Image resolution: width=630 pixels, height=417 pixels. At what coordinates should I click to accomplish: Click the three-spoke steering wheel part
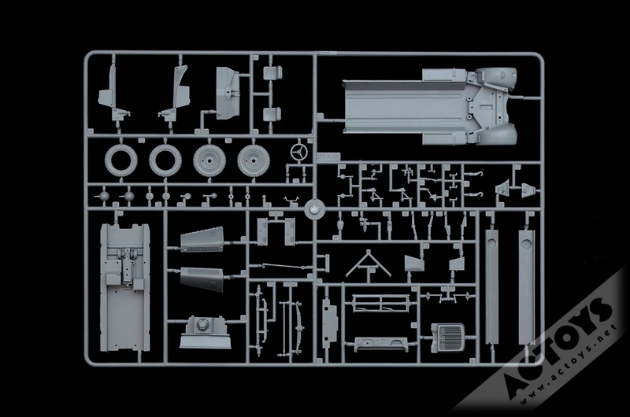[x=298, y=152]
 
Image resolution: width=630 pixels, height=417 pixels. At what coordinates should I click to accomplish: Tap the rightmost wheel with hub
[x=254, y=161]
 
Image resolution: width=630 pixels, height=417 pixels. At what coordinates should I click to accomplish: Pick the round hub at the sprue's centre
[x=314, y=208]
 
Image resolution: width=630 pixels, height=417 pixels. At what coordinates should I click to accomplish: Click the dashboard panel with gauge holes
[x=381, y=345]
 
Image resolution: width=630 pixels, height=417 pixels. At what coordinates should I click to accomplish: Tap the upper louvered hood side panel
[x=202, y=240]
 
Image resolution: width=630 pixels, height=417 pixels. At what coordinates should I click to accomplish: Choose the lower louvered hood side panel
[x=202, y=279]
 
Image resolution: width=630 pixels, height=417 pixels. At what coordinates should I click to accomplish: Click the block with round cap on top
[x=205, y=332]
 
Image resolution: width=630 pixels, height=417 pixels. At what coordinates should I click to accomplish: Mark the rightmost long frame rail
[x=526, y=287]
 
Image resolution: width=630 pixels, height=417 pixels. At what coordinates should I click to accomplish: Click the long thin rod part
[x=281, y=267]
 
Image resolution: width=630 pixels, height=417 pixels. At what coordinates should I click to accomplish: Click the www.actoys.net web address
[x=569, y=365]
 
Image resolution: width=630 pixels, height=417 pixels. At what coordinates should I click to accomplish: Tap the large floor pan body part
[x=430, y=106]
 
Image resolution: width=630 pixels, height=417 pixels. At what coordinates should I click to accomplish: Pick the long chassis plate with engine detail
[x=125, y=287]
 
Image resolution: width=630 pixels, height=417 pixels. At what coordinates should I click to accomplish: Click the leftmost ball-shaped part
[x=104, y=196]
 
